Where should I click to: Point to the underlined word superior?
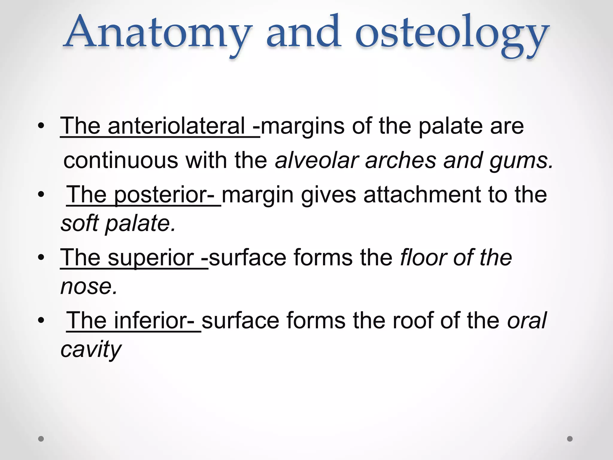(x=151, y=258)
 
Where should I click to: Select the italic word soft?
(x=80, y=223)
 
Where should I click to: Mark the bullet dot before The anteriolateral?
(x=41, y=126)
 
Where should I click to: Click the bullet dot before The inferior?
(x=41, y=321)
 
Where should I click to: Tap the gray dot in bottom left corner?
(x=41, y=439)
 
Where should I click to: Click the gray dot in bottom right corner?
(x=570, y=439)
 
